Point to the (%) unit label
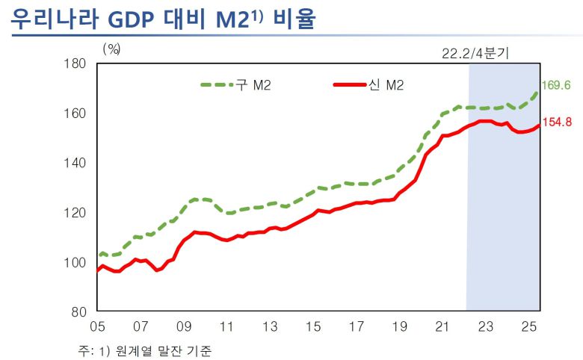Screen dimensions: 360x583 pyautogui.click(x=111, y=49)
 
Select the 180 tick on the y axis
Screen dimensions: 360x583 pyautogui.click(x=77, y=63)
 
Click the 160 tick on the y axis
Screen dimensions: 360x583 pyautogui.click(x=77, y=114)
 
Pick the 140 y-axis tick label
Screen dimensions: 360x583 pyautogui.click(x=77, y=163)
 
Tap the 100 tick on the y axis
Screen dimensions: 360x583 pyautogui.click(x=77, y=262)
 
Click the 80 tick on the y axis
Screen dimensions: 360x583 pyautogui.click(x=80, y=311)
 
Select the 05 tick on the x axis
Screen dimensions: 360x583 pyautogui.click(x=98, y=327)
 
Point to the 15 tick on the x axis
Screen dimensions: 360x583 pyautogui.click(x=315, y=327)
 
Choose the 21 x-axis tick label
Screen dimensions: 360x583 pyautogui.click(x=442, y=327)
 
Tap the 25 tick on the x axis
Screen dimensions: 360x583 pyautogui.click(x=529, y=327)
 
